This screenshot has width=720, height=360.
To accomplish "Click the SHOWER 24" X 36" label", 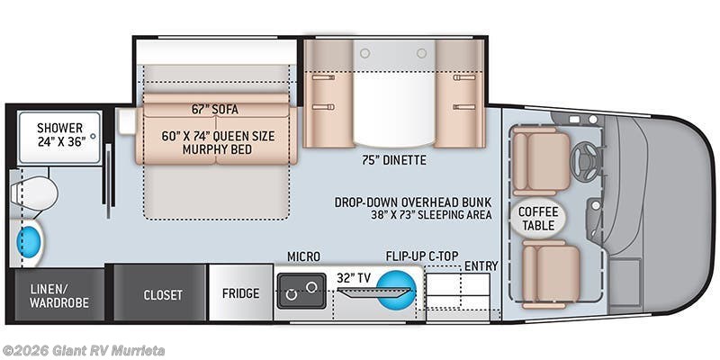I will tap(59, 135).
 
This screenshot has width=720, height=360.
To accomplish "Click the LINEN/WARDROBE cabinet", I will tap(59, 295).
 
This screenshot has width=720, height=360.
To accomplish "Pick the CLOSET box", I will tap(163, 294).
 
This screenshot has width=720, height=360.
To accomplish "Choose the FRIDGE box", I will tap(240, 293).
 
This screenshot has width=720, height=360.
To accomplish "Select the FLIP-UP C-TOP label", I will tap(419, 256).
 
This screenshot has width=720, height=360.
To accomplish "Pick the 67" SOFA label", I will tap(214, 109).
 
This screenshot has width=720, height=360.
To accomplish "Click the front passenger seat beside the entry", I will tap(551, 272).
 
